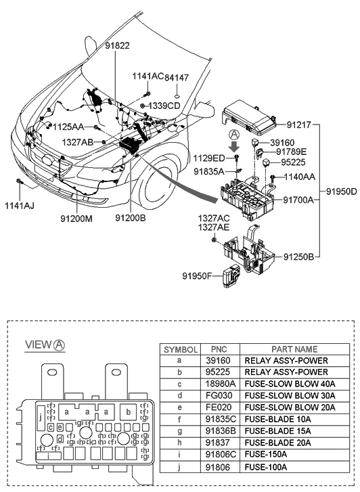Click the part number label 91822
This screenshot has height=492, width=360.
point(116,45)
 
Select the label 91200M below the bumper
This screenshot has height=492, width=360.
point(76,218)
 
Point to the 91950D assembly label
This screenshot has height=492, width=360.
point(341,192)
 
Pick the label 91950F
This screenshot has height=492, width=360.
point(200,275)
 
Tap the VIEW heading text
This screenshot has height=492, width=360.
point(39,345)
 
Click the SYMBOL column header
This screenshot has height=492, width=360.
point(179,350)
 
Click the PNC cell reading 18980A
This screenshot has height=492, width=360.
point(220,383)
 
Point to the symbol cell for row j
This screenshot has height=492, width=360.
point(179,467)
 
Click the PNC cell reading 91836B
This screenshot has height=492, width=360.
point(220,432)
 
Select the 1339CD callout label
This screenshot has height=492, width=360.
point(164,106)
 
